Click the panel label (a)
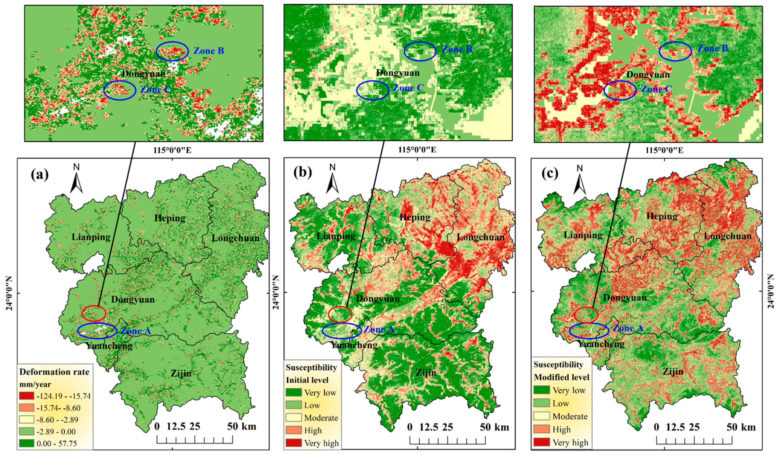(x=39, y=175)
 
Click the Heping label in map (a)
(x=170, y=218)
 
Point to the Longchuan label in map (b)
(x=480, y=237)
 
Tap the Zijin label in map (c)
(x=673, y=372)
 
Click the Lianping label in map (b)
(x=336, y=236)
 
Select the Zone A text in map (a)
(x=135, y=331)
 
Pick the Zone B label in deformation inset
(x=209, y=51)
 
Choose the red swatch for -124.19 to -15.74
(x=26, y=396)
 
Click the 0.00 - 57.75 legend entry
(x=56, y=443)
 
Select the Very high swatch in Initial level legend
(x=293, y=443)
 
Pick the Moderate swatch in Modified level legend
(x=541, y=416)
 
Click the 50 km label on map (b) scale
(x=494, y=427)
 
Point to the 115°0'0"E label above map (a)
(x=172, y=150)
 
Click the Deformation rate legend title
(x=54, y=372)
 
